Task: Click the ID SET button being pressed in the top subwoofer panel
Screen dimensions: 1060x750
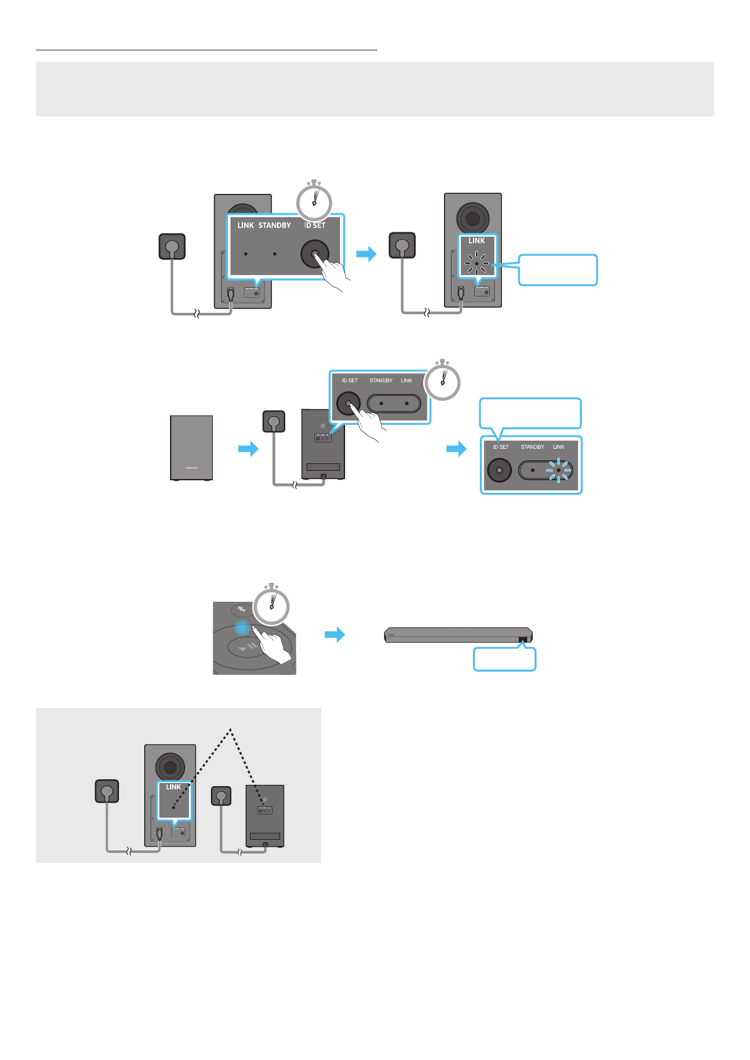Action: pyautogui.click(x=315, y=254)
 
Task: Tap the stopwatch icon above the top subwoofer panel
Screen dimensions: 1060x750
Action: pyautogui.click(x=314, y=201)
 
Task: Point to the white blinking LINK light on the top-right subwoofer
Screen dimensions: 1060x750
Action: pyautogui.click(x=477, y=263)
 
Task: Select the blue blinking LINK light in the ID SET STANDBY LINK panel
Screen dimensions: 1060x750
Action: pyautogui.click(x=559, y=470)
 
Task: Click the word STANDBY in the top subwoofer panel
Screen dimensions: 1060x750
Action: pyautogui.click(x=275, y=225)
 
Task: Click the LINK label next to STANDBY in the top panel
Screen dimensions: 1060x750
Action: pyautogui.click(x=246, y=225)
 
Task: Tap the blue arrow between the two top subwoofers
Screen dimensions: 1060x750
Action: pyautogui.click(x=366, y=254)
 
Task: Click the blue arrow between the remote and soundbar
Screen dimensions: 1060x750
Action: pyautogui.click(x=334, y=634)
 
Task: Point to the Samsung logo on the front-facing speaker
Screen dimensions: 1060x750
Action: pyautogui.click(x=191, y=468)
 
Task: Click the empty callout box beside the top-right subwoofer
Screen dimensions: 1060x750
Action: pyautogui.click(x=558, y=270)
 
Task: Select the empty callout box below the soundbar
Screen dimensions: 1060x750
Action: pyautogui.click(x=504, y=659)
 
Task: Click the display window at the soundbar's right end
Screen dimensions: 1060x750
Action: pyautogui.click(x=523, y=640)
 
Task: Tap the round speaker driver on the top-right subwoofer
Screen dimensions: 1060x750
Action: pyautogui.click(x=472, y=218)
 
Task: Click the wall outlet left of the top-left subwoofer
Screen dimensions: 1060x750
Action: pyautogui.click(x=172, y=246)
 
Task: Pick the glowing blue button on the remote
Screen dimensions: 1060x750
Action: pyautogui.click(x=243, y=627)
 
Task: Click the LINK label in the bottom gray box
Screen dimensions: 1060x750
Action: pyautogui.click(x=173, y=787)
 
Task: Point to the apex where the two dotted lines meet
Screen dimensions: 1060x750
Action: pyautogui.click(x=231, y=729)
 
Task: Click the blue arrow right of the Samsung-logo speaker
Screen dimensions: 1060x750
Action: pyautogui.click(x=248, y=449)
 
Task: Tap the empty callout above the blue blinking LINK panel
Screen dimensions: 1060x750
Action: pyautogui.click(x=530, y=414)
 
